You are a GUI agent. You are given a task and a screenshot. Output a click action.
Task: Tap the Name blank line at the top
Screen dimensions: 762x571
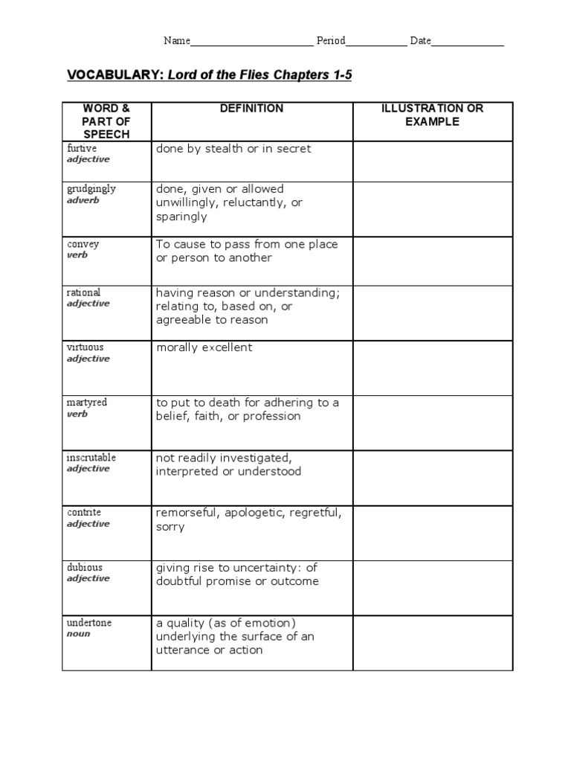(x=251, y=42)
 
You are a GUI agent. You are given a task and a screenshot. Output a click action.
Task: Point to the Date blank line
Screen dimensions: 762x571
(x=468, y=42)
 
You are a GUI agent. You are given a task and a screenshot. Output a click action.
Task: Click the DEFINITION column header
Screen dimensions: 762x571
(x=251, y=109)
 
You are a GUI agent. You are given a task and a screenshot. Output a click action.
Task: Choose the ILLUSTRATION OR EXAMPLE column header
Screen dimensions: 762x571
(x=432, y=115)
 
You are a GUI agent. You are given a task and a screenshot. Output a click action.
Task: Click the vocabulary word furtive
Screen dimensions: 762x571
(x=82, y=149)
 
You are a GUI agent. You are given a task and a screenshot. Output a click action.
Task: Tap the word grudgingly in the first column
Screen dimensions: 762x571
(x=91, y=189)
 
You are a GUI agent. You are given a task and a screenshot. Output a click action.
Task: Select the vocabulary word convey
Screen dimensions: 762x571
(x=83, y=244)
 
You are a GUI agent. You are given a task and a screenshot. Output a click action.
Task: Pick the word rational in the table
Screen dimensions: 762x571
(x=83, y=292)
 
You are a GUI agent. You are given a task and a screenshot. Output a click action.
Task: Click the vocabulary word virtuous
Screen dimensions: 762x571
(x=86, y=348)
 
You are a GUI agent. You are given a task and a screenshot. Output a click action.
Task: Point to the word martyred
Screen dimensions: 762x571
(x=87, y=403)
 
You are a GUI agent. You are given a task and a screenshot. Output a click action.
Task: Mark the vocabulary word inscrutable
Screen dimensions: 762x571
(x=91, y=458)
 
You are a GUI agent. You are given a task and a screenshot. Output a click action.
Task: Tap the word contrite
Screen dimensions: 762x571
(x=84, y=513)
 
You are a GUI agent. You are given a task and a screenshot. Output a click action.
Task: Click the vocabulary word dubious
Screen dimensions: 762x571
(x=85, y=568)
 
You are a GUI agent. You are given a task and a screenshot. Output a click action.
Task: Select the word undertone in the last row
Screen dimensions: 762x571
(x=89, y=623)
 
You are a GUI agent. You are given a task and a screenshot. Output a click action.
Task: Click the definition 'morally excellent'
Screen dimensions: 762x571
(x=204, y=348)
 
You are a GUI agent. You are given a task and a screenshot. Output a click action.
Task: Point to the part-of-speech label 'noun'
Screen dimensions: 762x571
(x=78, y=634)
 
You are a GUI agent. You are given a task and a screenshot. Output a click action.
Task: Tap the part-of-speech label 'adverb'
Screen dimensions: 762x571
(x=83, y=200)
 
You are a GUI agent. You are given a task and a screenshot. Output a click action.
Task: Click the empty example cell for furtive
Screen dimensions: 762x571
(x=432, y=161)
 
